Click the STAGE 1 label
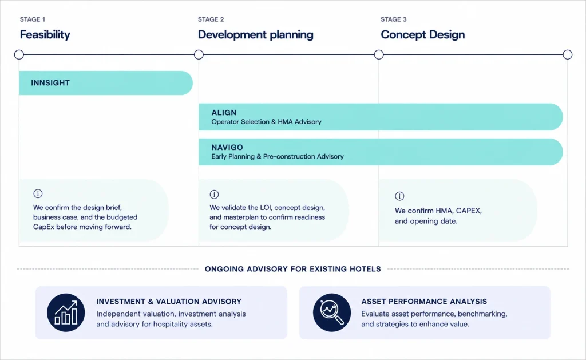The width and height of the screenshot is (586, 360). [33, 19]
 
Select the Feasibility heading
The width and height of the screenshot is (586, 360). [45, 35]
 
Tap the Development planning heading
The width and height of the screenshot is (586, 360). [256, 35]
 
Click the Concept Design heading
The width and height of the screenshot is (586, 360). [423, 35]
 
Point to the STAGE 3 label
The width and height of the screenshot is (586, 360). [394, 19]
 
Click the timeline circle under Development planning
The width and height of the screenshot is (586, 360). [199, 54]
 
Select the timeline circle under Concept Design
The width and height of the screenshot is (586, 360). [379, 54]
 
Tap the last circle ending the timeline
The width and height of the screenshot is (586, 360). [567, 54]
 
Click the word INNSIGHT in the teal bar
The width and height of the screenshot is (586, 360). [50, 83]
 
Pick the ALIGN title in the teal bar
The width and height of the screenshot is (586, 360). [224, 113]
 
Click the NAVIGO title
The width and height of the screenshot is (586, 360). [227, 147]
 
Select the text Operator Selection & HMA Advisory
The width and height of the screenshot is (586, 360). [267, 122]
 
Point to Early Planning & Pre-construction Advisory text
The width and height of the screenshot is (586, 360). [278, 156]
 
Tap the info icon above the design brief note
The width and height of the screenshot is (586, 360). [38, 193]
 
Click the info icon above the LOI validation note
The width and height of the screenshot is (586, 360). [214, 195]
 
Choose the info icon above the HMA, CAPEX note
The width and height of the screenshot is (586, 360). [399, 196]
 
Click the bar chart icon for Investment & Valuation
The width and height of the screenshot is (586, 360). [66, 312]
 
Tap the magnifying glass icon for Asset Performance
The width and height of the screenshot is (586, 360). [332, 312]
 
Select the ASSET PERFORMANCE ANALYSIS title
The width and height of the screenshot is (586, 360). [424, 302]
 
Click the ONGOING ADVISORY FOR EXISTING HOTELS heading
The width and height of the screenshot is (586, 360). [293, 269]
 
